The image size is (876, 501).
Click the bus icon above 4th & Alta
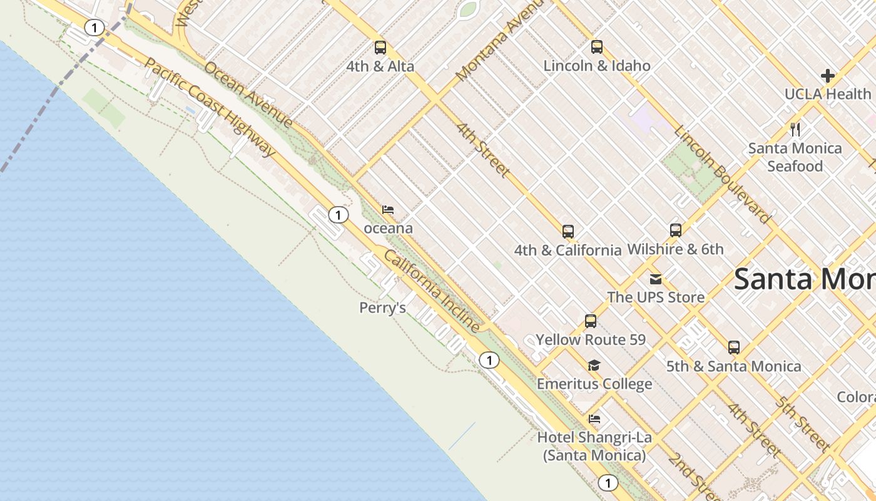(x=380, y=48)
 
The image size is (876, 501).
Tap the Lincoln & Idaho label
(x=597, y=66)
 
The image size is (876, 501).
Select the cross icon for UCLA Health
(x=828, y=76)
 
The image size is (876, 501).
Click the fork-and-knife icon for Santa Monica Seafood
(x=795, y=130)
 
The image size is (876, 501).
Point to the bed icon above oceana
(x=388, y=209)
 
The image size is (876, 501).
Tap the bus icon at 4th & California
(x=568, y=232)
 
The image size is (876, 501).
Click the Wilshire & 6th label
(x=675, y=249)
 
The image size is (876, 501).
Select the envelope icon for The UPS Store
(x=655, y=279)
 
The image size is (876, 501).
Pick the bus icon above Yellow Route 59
(x=590, y=321)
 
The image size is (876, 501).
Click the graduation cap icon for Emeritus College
(x=594, y=366)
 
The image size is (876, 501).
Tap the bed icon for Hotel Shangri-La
(x=594, y=419)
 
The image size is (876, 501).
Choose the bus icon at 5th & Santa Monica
(x=733, y=348)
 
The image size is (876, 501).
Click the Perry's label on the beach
(x=382, y=308)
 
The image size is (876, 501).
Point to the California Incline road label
(x=432, y=291)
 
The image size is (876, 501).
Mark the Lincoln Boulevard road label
(x=721, y=175)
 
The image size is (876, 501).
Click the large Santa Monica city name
(x=805, y=279)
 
